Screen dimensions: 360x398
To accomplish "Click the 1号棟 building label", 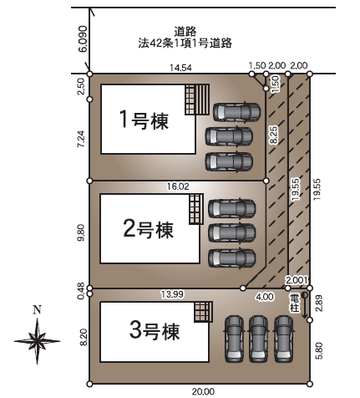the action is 144,120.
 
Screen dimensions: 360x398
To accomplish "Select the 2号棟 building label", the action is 148,229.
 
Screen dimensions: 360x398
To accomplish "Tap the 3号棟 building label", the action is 155,330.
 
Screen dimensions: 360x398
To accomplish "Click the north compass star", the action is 37,340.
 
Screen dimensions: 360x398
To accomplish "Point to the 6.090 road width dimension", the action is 83,39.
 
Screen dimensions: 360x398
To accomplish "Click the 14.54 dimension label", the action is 181,68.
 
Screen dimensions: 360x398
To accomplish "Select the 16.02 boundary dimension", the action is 178,186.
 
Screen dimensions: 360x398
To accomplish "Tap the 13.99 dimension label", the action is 172,294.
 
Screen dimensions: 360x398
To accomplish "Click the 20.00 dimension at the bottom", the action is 203,391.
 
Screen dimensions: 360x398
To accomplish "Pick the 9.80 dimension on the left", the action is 82,232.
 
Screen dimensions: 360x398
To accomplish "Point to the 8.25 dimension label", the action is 274,135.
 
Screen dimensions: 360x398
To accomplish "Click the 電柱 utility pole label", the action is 295,303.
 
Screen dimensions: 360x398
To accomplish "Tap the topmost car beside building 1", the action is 237,112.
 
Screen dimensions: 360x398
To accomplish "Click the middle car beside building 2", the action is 232,233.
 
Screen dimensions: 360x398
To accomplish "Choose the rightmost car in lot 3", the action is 284,339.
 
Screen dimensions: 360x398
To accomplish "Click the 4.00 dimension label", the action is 265,297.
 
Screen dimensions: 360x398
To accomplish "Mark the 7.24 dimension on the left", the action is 82,140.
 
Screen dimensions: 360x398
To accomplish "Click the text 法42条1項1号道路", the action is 185,43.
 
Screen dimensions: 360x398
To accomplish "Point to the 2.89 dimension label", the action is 319,304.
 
